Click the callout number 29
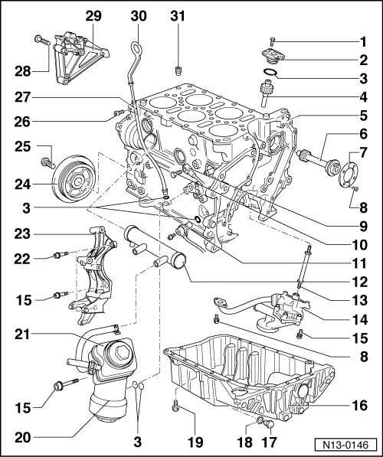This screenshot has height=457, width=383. (x=93, y=15)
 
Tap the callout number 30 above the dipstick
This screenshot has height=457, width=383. (x=139, y=15)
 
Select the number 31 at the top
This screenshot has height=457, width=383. (x=178, y=15)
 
